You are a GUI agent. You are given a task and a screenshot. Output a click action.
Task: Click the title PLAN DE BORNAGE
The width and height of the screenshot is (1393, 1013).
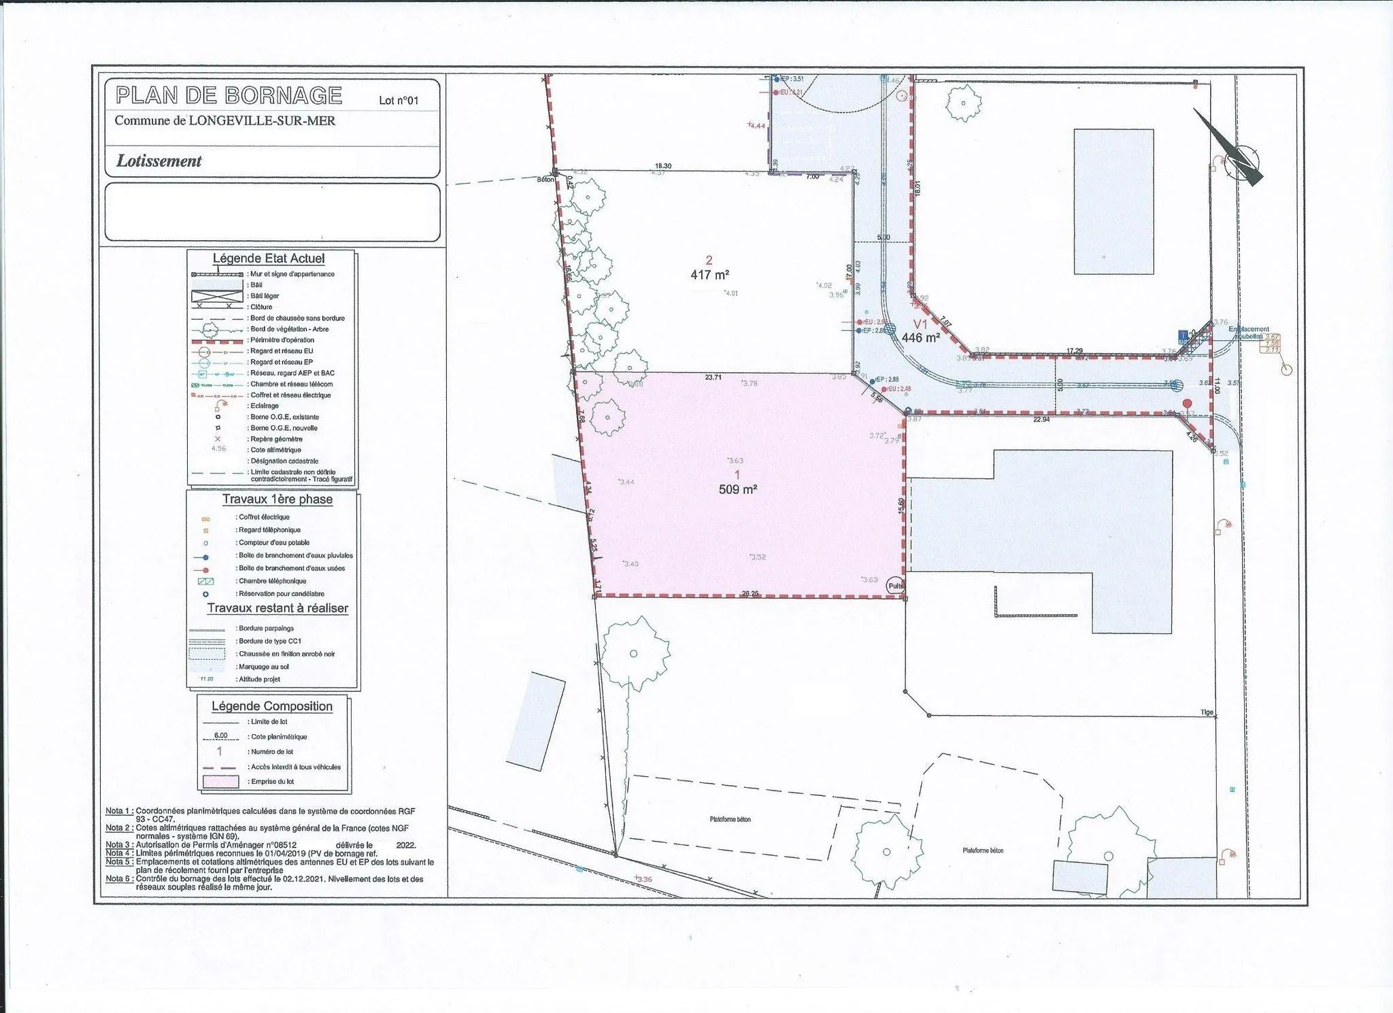(229, 95)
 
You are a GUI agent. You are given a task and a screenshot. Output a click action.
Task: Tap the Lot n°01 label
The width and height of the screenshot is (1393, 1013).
(399, 101)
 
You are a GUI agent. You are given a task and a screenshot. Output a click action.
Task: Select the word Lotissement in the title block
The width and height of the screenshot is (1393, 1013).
(159, 161)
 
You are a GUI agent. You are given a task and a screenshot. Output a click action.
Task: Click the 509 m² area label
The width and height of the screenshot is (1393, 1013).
(738, 488)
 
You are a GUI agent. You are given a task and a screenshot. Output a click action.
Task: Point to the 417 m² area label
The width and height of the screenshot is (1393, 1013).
(710, 275)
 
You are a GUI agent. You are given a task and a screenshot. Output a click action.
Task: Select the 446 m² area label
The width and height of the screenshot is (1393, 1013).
(920, 337)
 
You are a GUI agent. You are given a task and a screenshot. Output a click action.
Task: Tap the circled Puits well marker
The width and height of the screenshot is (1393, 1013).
(895, 585)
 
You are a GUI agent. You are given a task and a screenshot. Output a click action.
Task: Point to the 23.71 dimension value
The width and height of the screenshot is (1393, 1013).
(714, 376)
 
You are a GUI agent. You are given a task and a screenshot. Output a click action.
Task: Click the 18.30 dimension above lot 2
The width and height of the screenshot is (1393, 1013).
(663, 165)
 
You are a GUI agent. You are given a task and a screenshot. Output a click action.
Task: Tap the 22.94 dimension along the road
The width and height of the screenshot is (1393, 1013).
(1041, 419)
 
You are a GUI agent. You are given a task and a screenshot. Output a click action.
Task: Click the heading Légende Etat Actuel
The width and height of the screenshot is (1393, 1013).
(269, 259)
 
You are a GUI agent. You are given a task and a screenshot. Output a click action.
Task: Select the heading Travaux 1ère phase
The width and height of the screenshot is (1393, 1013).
(278, 499)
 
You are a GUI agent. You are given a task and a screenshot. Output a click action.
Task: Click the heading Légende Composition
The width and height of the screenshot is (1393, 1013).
(271, 706)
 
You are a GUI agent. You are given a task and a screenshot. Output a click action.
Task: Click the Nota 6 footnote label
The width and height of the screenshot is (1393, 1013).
(118, 879)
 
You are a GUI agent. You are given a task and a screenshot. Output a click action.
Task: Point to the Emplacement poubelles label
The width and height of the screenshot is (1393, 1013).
(1248, 333)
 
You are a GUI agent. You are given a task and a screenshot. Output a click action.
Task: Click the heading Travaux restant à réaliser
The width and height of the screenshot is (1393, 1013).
(278, 608)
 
